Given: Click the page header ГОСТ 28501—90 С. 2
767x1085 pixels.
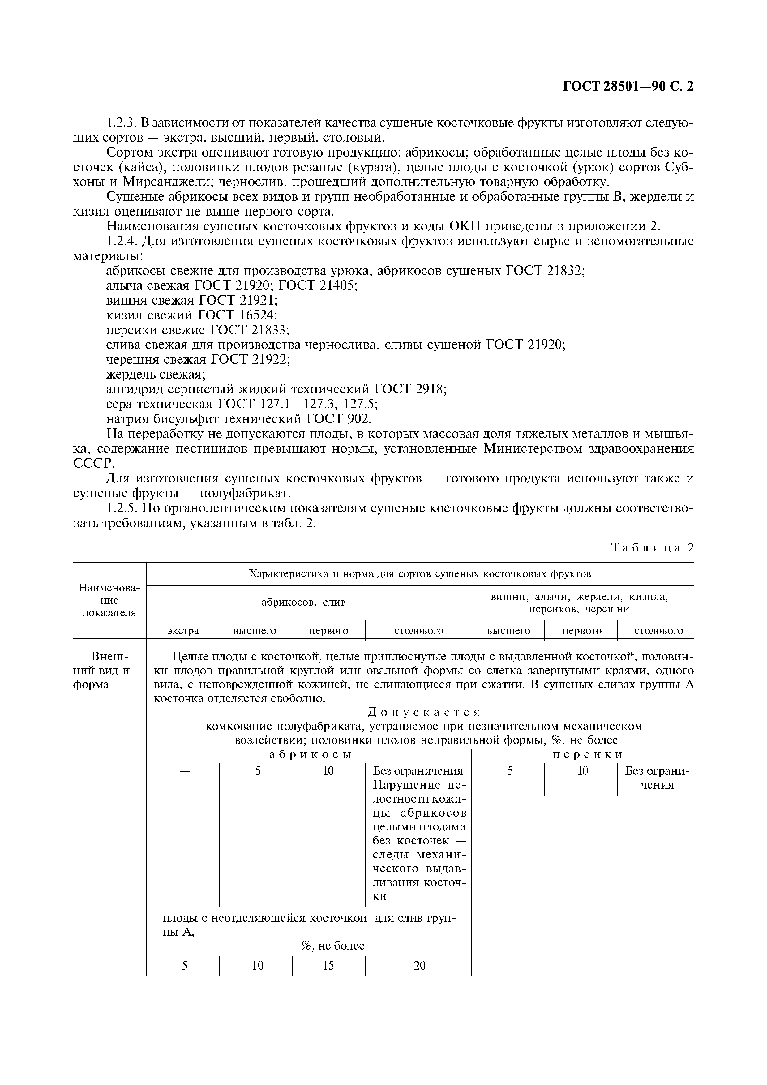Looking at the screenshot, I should coord(628,87).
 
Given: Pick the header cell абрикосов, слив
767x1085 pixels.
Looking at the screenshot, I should coord(304,603).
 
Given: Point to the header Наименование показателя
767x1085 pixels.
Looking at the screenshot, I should coord(110,600).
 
